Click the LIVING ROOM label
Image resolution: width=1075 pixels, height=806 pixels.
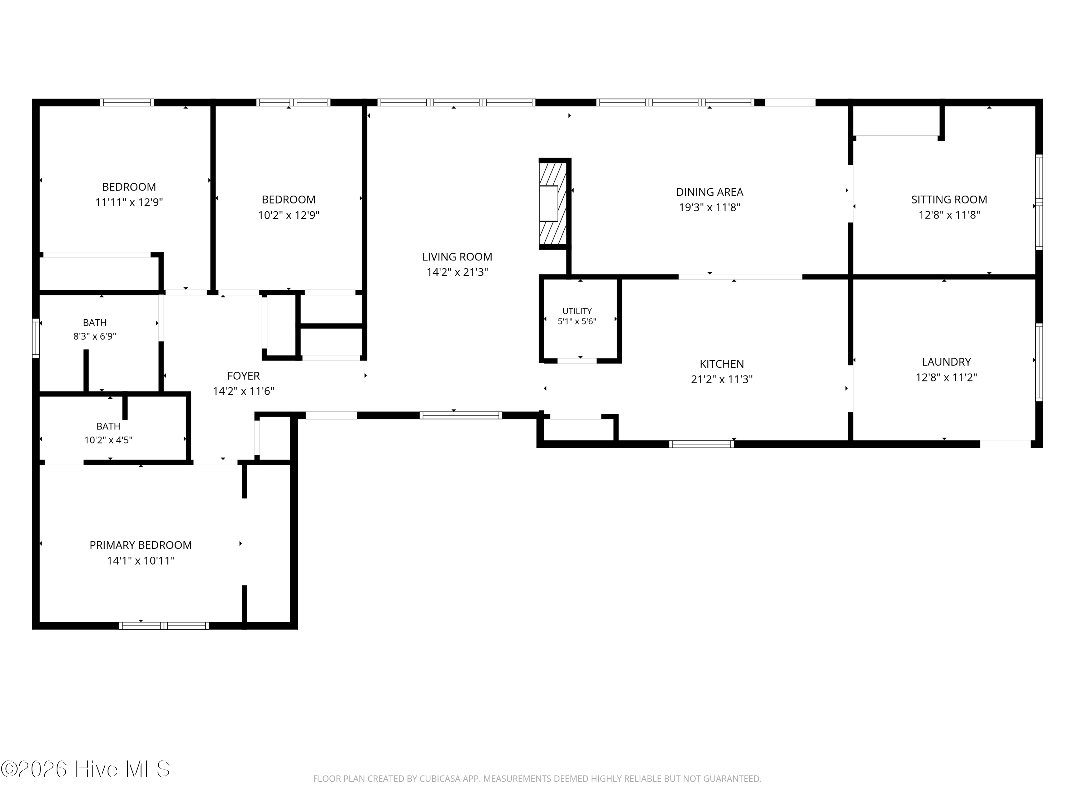457,256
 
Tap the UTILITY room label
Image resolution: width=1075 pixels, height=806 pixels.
577,311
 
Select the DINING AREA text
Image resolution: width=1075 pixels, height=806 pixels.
709,192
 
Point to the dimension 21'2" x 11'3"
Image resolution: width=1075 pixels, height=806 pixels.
722,379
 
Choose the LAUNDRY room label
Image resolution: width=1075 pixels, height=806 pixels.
946,361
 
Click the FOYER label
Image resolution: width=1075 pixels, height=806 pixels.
243,375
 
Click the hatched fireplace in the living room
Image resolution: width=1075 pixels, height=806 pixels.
553,203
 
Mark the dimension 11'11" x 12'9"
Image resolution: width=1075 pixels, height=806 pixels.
129,202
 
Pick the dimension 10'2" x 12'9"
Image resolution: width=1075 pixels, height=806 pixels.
289,215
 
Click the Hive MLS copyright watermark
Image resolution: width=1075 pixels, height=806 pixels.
86,769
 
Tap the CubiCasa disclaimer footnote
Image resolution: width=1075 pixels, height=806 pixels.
537,779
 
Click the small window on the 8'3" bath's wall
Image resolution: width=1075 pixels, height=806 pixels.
36,338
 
